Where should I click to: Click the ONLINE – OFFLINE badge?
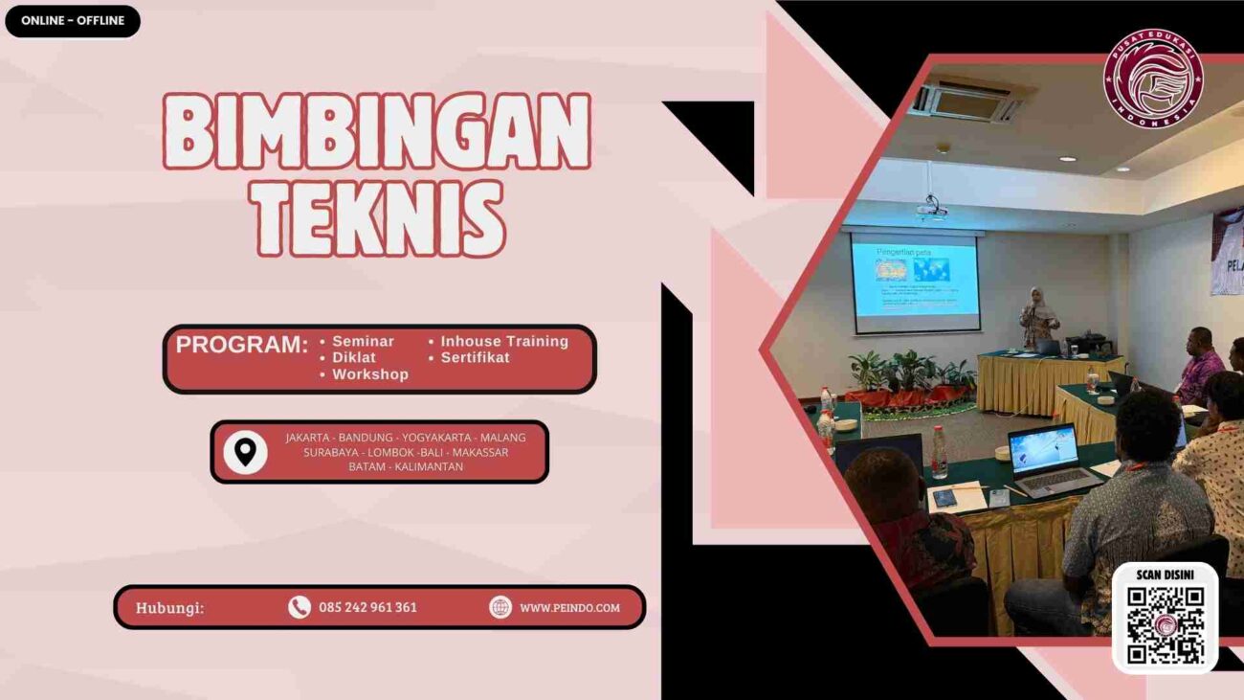coord(73,21)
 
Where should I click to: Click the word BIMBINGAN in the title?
coord(377,131)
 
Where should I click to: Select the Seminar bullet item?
coord(363,342)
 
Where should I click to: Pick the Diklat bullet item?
coord(353,358)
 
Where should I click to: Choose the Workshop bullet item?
coord(369,374)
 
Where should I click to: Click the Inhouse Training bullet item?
coord(503,342)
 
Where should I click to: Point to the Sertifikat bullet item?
coord(475,358)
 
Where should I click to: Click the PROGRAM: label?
coord(242,346)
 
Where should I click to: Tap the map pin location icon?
coord(245,452)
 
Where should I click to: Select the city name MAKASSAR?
coord(479,452)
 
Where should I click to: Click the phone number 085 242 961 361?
coord(367,607)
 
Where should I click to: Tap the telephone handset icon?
coord(300,607)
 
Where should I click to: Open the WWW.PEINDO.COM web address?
coord(569,607)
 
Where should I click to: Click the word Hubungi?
coord(169,607)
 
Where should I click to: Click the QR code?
coord(1165,625)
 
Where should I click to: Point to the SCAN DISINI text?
coord(1165,576)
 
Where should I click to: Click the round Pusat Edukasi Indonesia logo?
coord(1152,79)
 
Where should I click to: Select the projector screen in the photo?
coord(915,281)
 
